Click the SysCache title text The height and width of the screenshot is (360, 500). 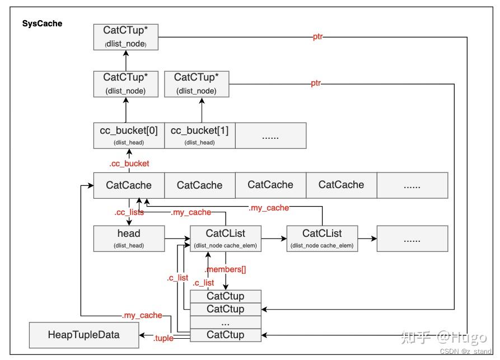click(43, 24)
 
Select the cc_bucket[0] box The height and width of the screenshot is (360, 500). click(129, 135)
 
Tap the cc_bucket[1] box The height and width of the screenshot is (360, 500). click(199, 135)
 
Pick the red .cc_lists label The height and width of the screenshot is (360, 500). click(129, 212)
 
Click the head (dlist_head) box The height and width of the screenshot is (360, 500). click(129, 238)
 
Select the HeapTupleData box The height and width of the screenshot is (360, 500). click(83, 335)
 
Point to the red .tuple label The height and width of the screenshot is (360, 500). click(163, 338)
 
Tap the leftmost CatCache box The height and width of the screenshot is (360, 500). click(129, 185)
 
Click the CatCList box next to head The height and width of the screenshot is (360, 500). click(226, 238)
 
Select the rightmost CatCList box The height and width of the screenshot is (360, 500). click(322, 238)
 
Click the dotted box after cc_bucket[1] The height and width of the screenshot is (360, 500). click(270, 135)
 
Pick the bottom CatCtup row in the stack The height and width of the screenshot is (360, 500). click(226, 335)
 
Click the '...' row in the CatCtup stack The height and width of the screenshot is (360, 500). click(226, 322)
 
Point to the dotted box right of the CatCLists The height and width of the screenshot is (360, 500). click(412, 238)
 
